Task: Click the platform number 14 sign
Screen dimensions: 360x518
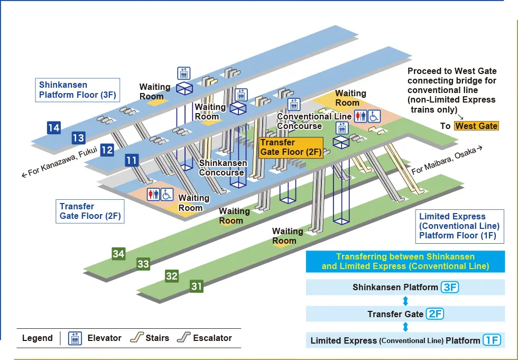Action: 53,127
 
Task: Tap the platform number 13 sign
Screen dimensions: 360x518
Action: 78,138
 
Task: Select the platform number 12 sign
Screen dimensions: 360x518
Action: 107,150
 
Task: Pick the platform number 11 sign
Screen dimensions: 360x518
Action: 132,160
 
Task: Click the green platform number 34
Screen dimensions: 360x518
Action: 118,254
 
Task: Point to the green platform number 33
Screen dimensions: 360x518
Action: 143,263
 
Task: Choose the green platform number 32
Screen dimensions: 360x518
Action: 171,275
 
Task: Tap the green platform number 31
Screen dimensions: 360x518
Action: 197,286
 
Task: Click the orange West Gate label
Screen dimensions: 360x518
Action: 476,126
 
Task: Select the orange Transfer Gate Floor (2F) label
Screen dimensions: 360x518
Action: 290,147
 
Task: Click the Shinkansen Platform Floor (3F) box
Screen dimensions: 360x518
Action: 77,90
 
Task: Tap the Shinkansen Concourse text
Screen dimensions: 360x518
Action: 222,168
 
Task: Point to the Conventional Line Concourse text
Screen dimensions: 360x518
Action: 314,121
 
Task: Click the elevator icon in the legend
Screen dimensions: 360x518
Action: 75,338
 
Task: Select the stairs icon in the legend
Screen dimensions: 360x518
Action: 137,337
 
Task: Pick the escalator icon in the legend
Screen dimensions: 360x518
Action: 184,337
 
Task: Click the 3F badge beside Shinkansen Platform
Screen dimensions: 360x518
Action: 449,287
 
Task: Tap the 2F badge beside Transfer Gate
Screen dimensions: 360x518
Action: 434,313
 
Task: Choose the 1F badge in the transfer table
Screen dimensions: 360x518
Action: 491,340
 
